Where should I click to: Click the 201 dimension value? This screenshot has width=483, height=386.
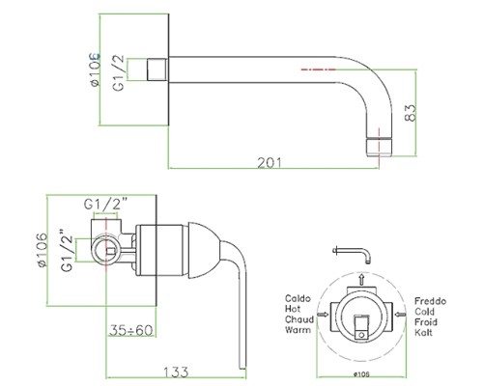[270, 163]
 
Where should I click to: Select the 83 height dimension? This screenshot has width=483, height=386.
[411, 113]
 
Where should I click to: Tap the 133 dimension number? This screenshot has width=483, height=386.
[176, 372]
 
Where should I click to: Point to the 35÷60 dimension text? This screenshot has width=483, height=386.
[131, 330]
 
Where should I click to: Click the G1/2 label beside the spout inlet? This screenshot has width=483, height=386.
[119, 72]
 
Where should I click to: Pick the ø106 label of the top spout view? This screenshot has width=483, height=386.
[96, 69]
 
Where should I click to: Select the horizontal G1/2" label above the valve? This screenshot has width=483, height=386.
[106, 204]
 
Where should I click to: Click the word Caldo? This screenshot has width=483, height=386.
[298, 298]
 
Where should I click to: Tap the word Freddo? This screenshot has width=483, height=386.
[430, 301]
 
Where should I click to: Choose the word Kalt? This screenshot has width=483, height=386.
[423, 332]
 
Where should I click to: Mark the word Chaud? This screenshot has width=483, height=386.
[299, 319]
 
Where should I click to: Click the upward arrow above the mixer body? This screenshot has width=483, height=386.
[361, 279]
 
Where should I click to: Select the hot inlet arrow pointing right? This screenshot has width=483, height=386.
[323, 315]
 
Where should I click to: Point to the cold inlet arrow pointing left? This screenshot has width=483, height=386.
[400, 315]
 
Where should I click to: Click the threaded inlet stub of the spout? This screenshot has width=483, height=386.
[157, 69]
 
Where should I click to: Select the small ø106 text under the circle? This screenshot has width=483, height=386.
[361, 374]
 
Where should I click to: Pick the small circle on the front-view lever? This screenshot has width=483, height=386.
[361, 335]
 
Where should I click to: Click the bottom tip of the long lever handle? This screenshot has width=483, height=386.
[242, 368]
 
